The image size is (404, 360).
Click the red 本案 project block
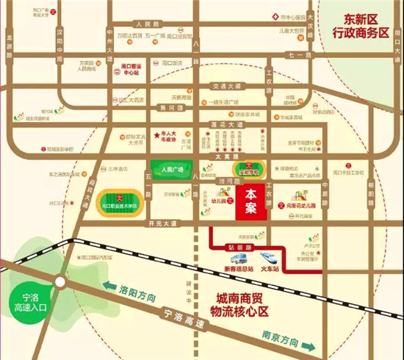[x=251, y=201]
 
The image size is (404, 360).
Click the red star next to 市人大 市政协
[x=156, y=134]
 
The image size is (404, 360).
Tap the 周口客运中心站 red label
[x=131, y=72]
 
